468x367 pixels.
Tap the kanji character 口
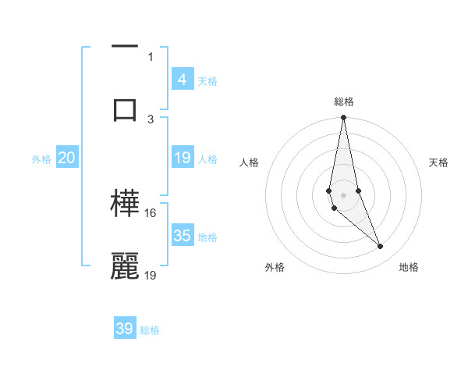(125, 109)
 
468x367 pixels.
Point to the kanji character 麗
(125, 265)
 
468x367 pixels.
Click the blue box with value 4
(183, 79)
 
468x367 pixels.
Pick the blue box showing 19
(183, 158)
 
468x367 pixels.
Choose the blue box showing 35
(183, 236)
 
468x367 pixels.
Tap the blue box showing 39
(125, 329)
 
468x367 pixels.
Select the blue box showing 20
(67, 158)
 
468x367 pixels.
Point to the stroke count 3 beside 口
(151, 119)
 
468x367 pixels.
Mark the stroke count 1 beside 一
(151, 56)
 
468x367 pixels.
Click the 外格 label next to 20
(41, 159)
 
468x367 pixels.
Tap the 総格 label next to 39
(151, 330)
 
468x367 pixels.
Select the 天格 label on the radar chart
(438, 162)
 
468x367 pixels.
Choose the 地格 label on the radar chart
(409, 267)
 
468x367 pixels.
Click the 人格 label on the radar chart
(249, 162)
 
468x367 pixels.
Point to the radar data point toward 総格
(343, 118)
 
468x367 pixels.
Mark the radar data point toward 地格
(381, 247)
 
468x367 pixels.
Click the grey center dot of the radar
(343, 194)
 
